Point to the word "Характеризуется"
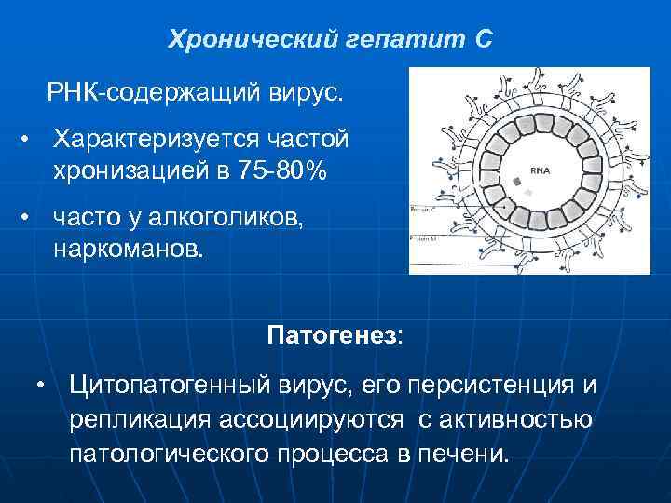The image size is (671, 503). [x=166, y=139]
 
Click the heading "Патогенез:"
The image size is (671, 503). [x=335, y=334]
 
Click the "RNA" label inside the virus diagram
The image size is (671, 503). [x=541, y=171]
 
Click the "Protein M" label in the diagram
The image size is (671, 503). [x=424, y=239]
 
